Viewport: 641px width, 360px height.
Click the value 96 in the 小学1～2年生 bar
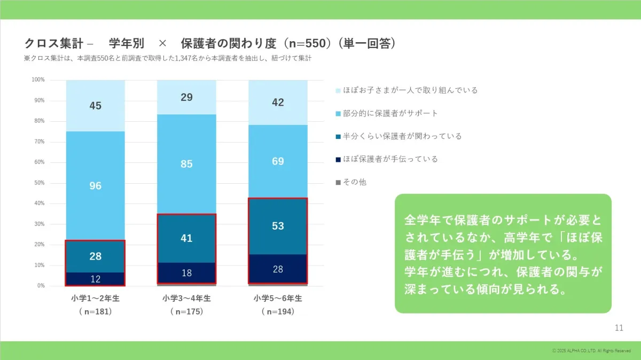pos(95,186)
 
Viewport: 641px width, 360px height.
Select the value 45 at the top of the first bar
pos(95,106)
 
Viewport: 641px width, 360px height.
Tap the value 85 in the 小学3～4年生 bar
pos(186,164)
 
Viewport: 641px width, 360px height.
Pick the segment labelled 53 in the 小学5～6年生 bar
pos(278,226)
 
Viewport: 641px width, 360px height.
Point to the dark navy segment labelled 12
pos(95,279)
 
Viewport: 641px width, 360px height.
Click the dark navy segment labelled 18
pos(186,273)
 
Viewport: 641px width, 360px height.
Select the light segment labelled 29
pos(186,97)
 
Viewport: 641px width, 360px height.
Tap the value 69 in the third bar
pos(278,161)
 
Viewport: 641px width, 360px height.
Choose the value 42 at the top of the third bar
pos(278,103)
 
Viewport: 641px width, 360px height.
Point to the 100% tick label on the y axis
pos(37,80)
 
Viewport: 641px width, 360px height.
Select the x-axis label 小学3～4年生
pos(186,298)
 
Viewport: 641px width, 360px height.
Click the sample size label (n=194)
pos(278,311)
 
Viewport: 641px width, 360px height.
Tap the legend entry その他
pos(355,182)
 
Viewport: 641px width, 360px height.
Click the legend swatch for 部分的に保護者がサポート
pos(338,114)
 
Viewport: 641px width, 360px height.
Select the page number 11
pos(619,327)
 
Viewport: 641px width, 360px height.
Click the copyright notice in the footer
pos(591,350)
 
